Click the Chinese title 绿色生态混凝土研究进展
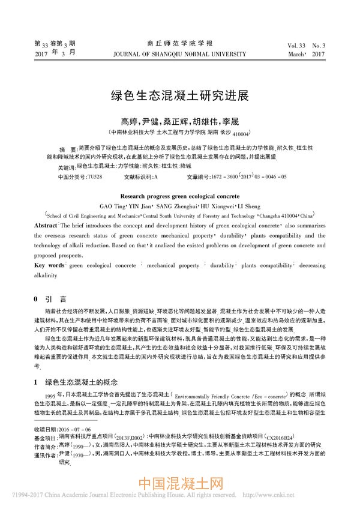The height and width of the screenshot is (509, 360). tap(180, 96)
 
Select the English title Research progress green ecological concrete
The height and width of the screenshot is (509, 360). tap(180, 196)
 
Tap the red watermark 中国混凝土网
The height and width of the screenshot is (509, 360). tap(180, 483)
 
